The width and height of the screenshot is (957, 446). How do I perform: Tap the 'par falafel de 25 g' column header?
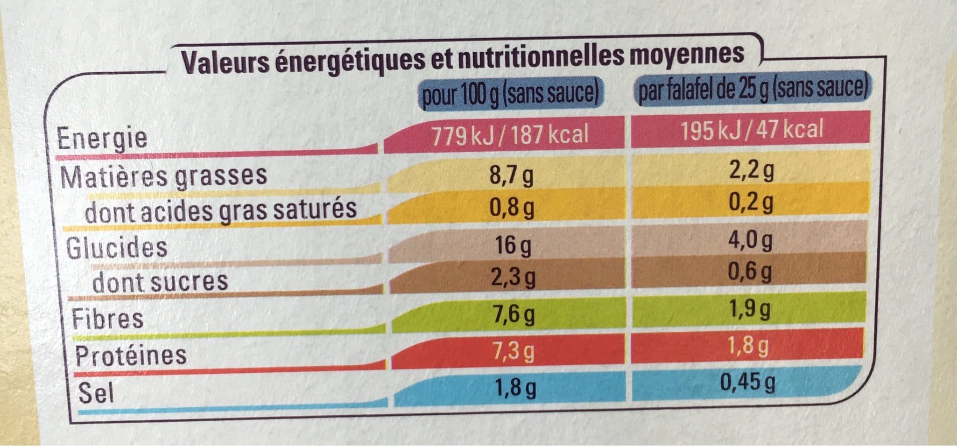pyautogui.click(x=752, y=91)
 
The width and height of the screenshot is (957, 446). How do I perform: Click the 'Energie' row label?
pyautogui.click(x=102, y=138)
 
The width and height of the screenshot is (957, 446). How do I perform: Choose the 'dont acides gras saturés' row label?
pyautogui.click(x=221, y=209)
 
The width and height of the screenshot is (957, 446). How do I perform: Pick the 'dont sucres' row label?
pyautogui.click(x=160, y=281)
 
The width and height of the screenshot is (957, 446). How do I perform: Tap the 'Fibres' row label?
pyautogui.click(x=107, y=318)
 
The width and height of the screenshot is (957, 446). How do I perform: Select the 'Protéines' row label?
pyautogui.click(x=131, y=355)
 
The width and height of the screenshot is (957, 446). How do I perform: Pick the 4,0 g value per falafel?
pyautogui.click(x=750, y=241)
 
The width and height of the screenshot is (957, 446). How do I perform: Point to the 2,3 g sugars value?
pyautogui.click(x=512, y=278)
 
